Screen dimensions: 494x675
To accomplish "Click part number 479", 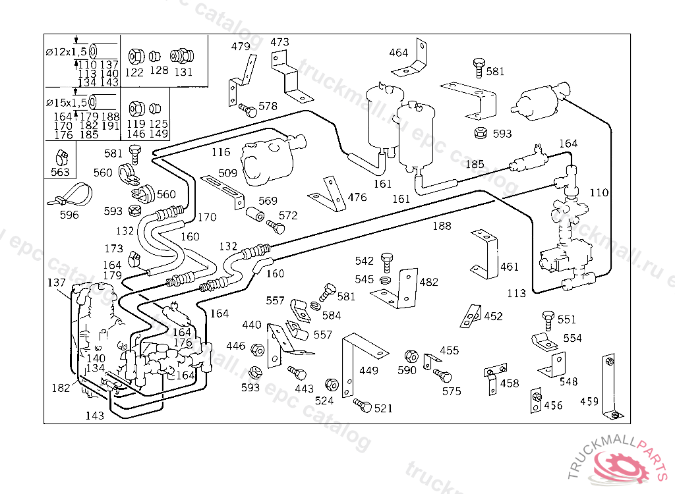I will (x=241, y=46).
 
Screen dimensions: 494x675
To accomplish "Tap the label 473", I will (x=279, y=42).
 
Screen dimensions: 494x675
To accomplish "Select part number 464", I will (x=398, y=53).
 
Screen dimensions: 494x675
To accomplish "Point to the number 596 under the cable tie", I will (x=69, y=215).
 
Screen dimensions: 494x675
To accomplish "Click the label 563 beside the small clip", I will (x=60, y=173).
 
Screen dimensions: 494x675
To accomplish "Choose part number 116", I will (x=221, y=152).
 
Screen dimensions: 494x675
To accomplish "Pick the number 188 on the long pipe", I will (x=442, y=226).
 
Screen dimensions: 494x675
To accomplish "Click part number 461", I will (x=510, y=267).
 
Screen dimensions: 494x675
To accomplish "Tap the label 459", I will (x=589, y=401).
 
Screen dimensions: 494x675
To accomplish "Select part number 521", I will (x=383, y=408).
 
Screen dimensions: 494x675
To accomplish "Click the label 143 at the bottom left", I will (x=94, y=416).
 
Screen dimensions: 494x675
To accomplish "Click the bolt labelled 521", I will (x=362, y=404).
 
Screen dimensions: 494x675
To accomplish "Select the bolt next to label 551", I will (x=547, y=321).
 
